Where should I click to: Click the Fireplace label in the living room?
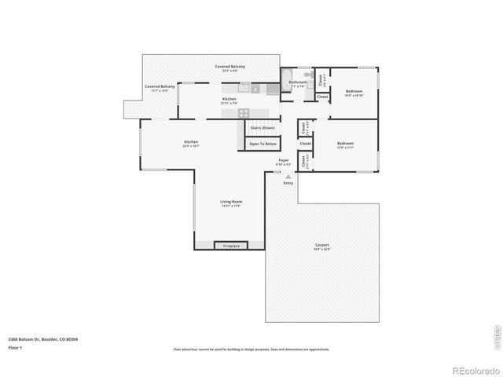[x=231, y=246]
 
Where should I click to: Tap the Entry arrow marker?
[x=288, y=178]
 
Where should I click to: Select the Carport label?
[x=322, y=246]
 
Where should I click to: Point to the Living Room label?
[x=231, y=203]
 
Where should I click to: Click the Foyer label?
[x=284, y=162]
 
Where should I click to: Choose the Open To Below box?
[x=263, y=144]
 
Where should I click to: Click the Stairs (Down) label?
[x=263, y=127]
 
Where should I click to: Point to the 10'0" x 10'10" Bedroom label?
[x=354, y=93]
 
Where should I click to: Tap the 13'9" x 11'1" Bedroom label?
[x=346, y=145]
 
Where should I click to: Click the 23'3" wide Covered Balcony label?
[x=230, y=68]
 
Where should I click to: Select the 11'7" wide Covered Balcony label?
[x=160, y=88]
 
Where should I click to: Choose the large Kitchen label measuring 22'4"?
[x=191, y=144]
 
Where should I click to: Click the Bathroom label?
[x=297, y=82]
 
